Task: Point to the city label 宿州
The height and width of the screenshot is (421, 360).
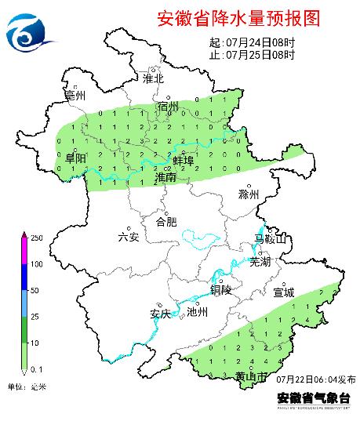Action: click(169, 106)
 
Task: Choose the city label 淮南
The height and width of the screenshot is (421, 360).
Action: click(166, 178)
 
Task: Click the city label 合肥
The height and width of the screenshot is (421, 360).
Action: click(167, 222)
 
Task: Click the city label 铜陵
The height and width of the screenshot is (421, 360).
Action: click(221, 289)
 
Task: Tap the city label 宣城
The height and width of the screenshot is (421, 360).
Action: click(283, 292)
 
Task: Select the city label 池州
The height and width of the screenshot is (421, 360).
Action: click(198, 312)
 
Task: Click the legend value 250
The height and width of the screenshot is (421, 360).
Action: click(36, 237)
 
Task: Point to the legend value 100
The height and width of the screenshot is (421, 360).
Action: click(36, 263)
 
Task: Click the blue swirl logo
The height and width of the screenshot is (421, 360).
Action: click(30, 29)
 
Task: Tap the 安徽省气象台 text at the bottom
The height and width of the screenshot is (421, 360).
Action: click(311, 397)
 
